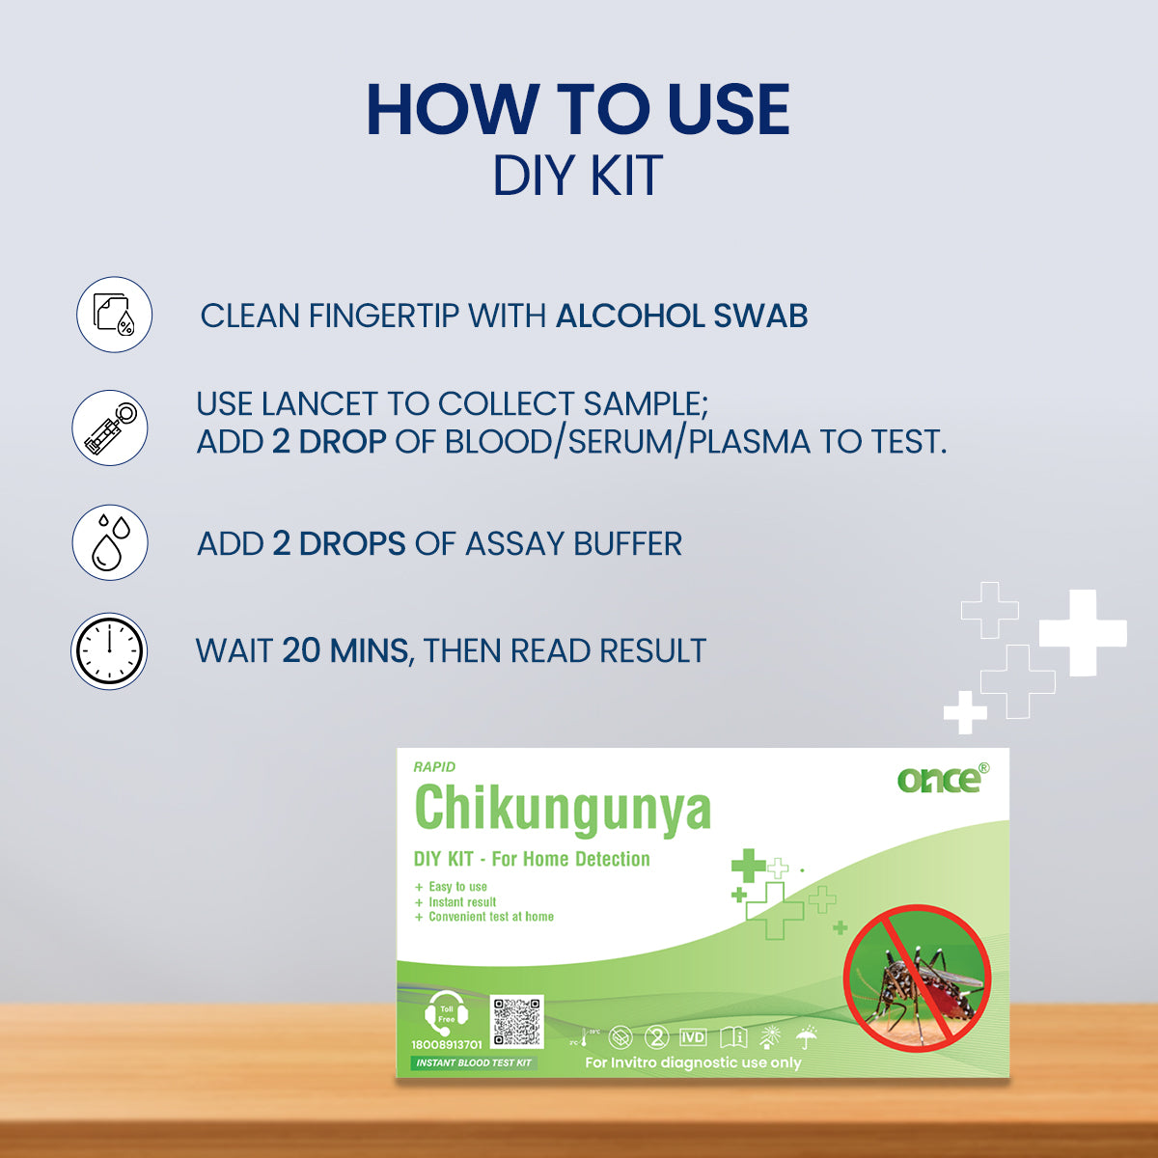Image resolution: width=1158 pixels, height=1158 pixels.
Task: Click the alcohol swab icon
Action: tap(114, 315)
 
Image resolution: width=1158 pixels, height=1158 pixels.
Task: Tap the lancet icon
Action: tap(110, 427)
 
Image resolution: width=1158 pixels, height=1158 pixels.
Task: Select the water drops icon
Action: tap(110, 542)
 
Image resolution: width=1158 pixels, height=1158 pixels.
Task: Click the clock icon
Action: tap(109, 650)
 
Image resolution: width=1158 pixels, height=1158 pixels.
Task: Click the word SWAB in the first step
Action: tap(760, 317)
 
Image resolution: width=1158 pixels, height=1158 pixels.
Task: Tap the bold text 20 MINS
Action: tap(345, 650)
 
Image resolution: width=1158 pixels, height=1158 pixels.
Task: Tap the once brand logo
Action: tap(943, 779)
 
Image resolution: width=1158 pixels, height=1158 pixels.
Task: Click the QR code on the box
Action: tap(517, 1021)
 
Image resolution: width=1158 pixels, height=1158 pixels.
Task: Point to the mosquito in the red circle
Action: tap(917, 987)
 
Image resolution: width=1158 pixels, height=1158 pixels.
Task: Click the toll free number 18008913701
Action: tap(447, 1045)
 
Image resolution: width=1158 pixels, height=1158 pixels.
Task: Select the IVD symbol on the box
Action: tap(693, 1036)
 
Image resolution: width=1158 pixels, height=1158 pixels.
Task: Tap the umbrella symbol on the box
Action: tap(807, 1036)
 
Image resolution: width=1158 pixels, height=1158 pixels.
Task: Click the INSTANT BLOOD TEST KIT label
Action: tap(474, 1062)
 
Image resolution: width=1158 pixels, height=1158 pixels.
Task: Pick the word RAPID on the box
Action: tap(434, 767)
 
